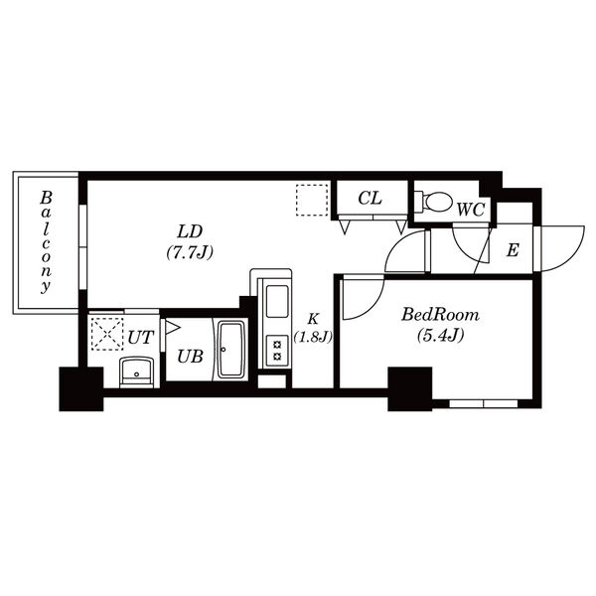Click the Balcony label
[46, 242]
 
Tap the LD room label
[190, 231]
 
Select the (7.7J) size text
[190, 251]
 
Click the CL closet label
[370, 198]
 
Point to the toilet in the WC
[433, 202]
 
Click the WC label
[471, 210]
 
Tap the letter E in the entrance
[513, 250]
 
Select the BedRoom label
[440, 315]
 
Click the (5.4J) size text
[440, 336]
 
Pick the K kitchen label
[313, 319]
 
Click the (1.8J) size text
[313, 337]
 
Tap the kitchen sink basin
[277, 301]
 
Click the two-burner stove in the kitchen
[277, 351]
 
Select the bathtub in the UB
[231, 350]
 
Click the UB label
[190, 357]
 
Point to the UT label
[141, 338]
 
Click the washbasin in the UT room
[136, 372]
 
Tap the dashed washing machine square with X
[107, 334]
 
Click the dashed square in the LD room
[312, 200]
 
